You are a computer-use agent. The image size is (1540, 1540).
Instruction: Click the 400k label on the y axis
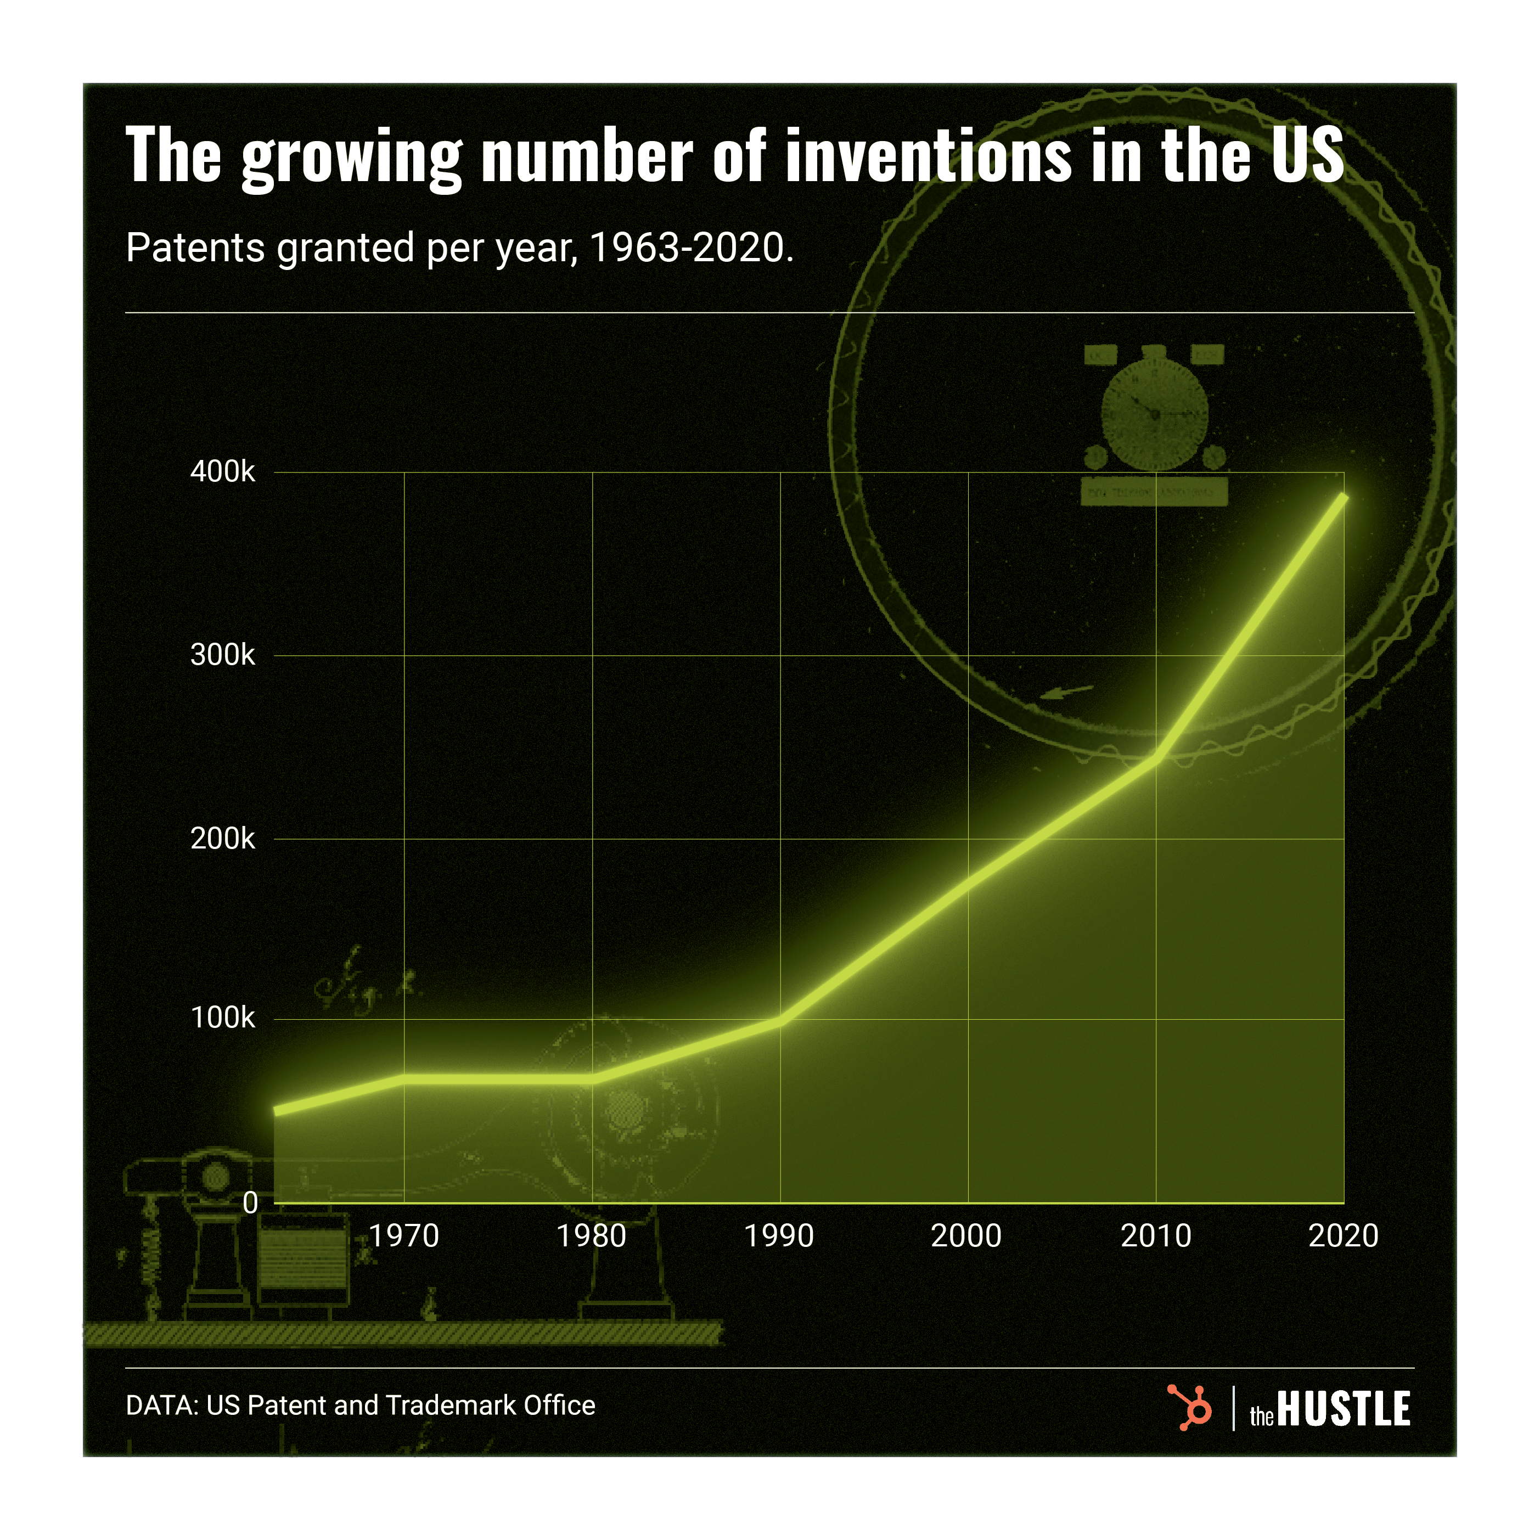(222, 472)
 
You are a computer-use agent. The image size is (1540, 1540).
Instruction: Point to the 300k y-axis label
(222, 655)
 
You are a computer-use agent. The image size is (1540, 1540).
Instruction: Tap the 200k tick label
(222, 839)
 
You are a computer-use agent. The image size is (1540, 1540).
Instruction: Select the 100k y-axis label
(222, 1018)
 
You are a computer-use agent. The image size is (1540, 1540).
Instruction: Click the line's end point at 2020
(1344, 497)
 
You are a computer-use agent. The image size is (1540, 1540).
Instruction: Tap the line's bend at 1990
(779, 1020)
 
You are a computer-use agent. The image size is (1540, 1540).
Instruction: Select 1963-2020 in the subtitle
(690, 248)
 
